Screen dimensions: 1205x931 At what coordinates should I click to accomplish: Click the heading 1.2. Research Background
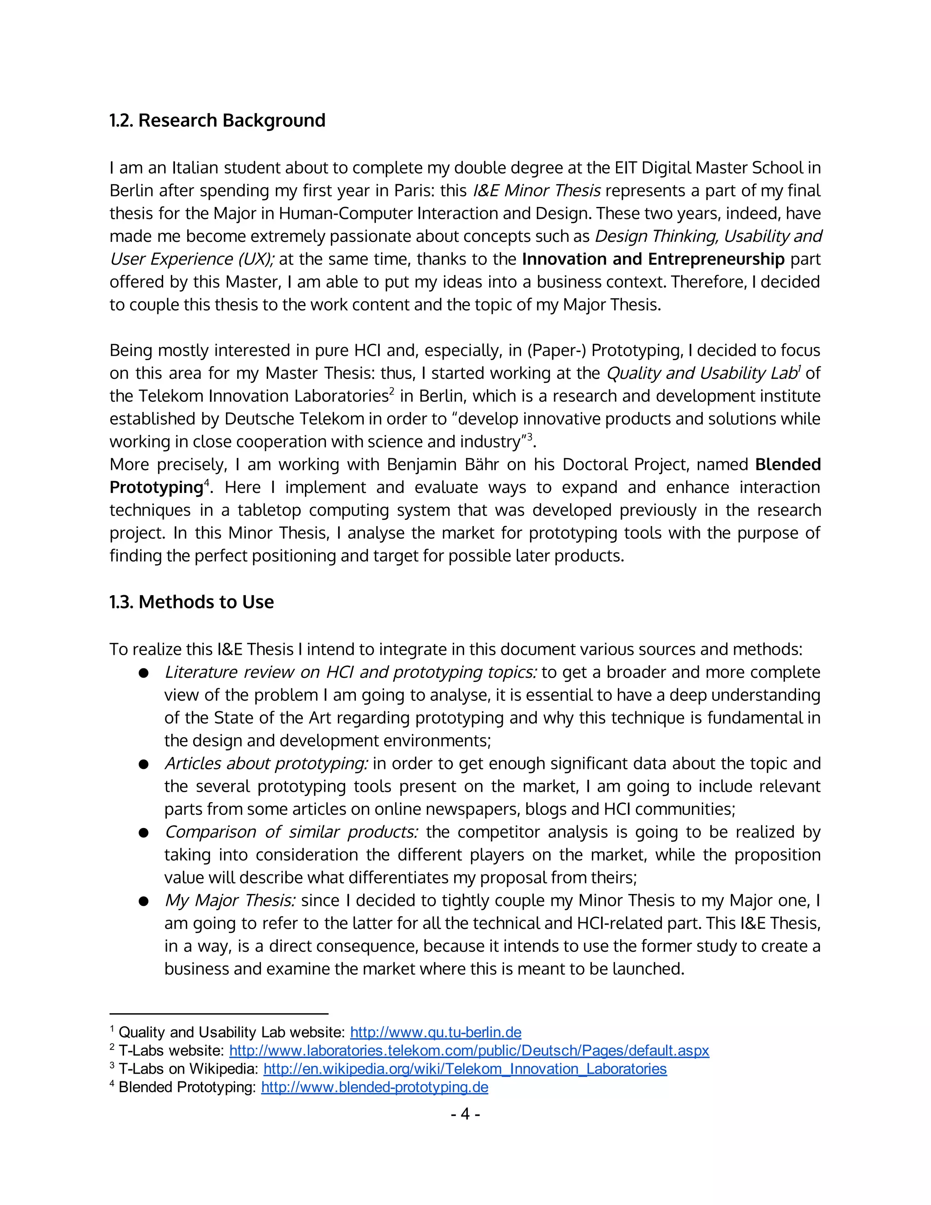coord(217,120)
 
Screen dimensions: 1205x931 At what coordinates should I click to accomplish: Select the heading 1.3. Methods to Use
coord(191,602)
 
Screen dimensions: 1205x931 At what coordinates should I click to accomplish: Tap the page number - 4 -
coord(465,1114)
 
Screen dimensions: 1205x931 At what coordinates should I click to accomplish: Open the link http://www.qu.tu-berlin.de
coord(435,1032)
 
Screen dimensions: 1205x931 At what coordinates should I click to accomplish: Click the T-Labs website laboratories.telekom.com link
coord(469,1050)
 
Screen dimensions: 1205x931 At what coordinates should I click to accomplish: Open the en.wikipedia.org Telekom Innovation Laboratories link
coord(465,1069)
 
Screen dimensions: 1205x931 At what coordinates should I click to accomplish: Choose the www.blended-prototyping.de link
coord(375,1087)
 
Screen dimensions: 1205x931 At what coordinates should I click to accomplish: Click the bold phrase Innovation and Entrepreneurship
coord(653,259)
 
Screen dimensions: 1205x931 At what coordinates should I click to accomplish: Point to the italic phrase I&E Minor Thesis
coord(537,191)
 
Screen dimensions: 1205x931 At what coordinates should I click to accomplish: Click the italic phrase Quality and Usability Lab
coord(701,373)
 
